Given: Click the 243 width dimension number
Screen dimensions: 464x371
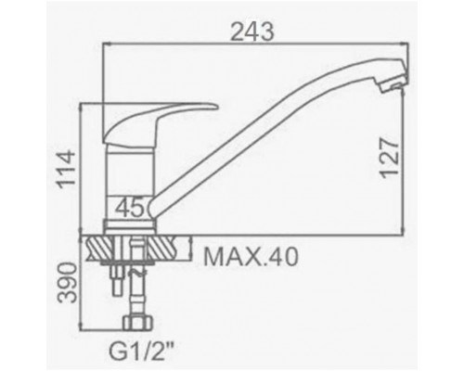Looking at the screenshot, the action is [x=252, y=32].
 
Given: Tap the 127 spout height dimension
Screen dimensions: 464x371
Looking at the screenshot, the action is [x=389, y=158].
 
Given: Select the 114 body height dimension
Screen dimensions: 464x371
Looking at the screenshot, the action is [x=66, y=168].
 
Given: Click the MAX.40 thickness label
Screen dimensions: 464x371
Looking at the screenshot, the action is [x=251, y=257].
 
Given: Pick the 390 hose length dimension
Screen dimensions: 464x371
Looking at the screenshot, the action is [x=67, y=283].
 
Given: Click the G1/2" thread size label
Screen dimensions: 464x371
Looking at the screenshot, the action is [x=141, y=352].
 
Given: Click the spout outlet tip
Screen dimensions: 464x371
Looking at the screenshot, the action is [x=395, y=83].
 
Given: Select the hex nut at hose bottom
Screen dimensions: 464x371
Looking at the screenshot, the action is [x=138, y=323].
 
